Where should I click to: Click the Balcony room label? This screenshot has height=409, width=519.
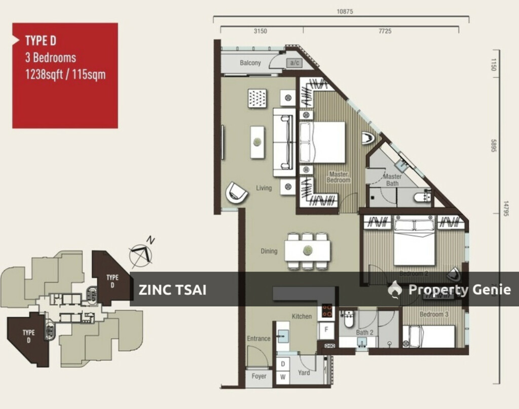pyautogui.click(x=250, y=63)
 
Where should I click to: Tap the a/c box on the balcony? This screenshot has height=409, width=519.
pyautogui.click(x=294, y=63)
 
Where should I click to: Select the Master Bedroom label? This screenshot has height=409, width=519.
pyautogui.click(x=338, y=177)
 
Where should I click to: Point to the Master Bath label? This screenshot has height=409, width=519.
pyautogui.click(x=393, y=180)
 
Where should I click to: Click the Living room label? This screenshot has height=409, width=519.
pyautogui.click(x=264, y=188)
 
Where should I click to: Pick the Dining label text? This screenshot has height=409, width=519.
pyautogui.click(x=269, y=251)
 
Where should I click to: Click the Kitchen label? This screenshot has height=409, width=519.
pyautogui.click(x=302, y=316)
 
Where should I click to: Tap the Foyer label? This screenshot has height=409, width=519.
pyautogui.click(x=259, y=377)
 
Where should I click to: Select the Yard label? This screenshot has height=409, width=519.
pyautogui.click(x=304, y=373)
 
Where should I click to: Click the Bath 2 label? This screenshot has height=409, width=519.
pyautogui.click(x=364, y=332)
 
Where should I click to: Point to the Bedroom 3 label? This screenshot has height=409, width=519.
pyautogui.click(x=434, y=314)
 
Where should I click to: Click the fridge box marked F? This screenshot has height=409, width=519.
pyautogui.click(x=326, y=329)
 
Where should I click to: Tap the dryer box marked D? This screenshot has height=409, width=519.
pyautogui.click(x=283, y=364)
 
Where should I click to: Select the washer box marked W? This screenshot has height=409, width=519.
pyautogui.click(x=283, y=377)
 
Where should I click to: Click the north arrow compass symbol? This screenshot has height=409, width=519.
pyautogui.click(x=142, y=253)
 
